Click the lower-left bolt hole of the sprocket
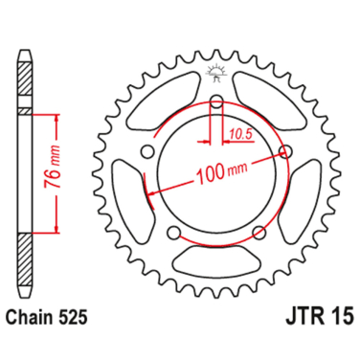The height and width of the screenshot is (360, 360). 172,235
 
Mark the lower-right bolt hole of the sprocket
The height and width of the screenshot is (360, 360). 259,235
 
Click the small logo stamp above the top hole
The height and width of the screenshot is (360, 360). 216,68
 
